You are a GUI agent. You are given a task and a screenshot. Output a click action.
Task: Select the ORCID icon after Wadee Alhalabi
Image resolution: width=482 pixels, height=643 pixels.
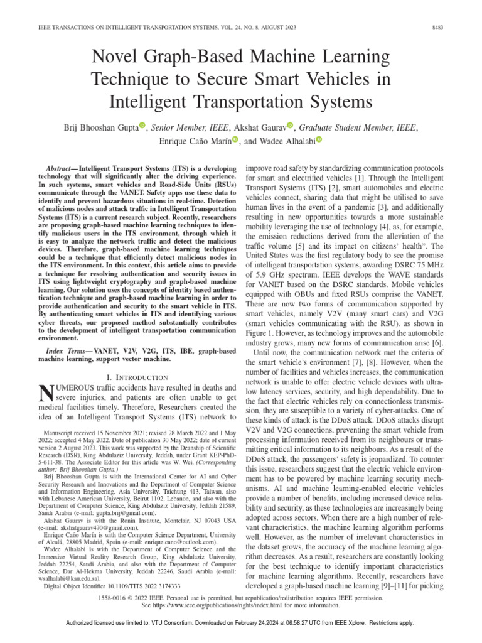click(318, 140)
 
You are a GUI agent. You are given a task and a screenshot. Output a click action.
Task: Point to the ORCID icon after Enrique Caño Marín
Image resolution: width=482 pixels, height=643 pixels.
click(235, 140)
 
